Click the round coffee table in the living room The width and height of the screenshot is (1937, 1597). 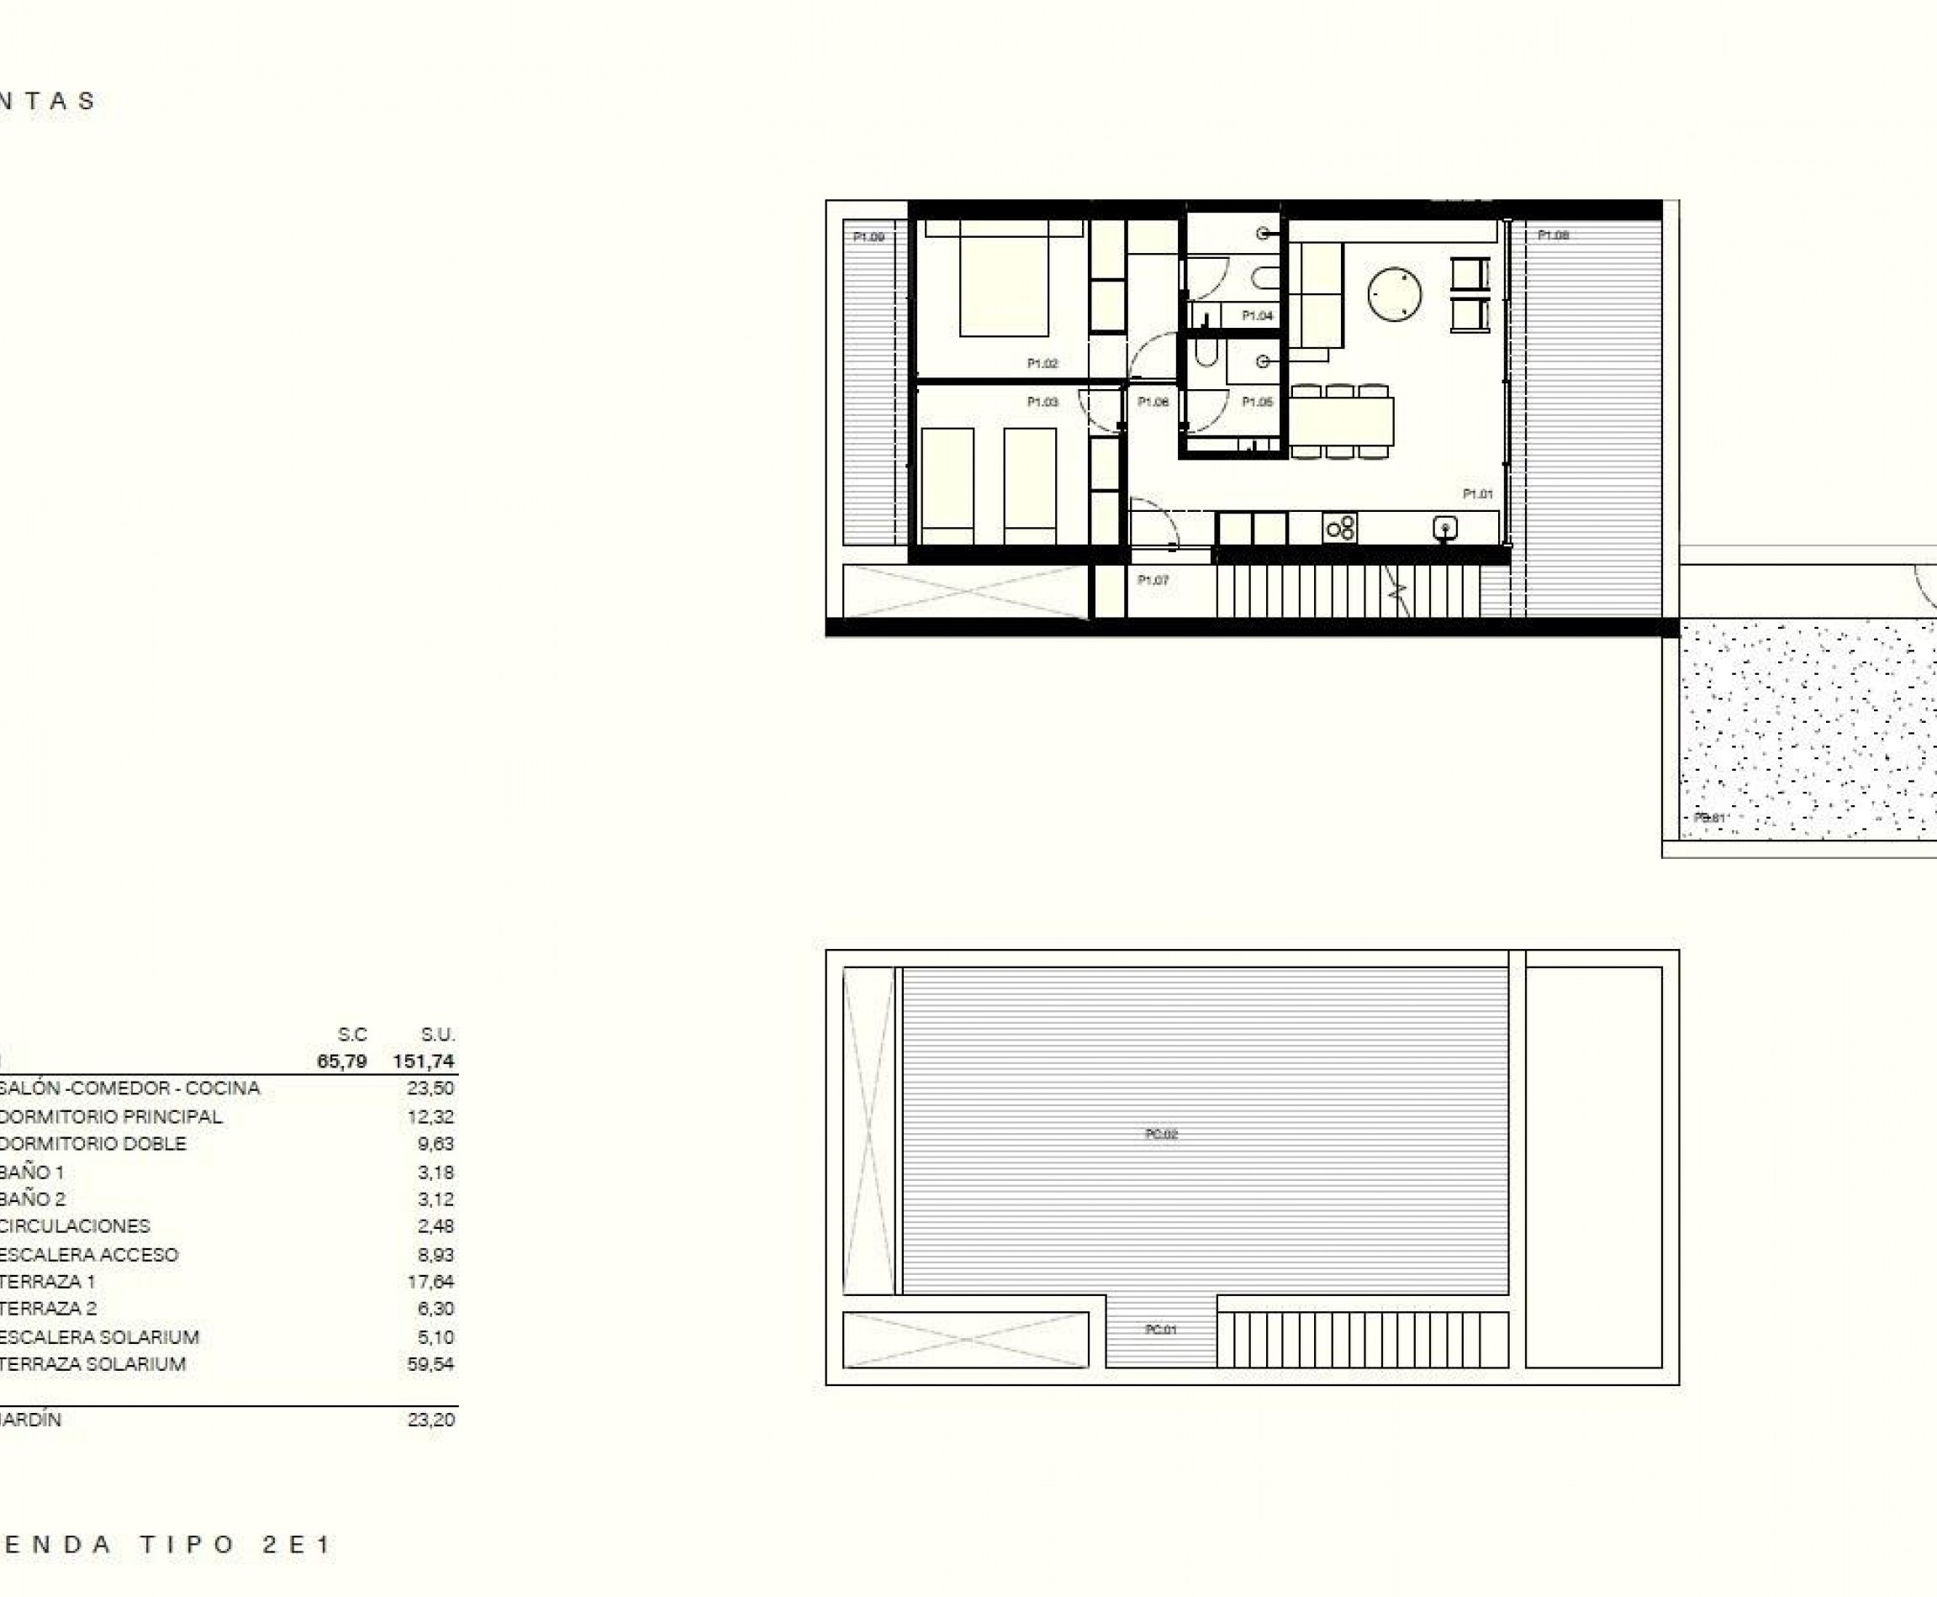[1394, 294]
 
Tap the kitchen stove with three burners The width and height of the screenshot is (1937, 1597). [1339, 528]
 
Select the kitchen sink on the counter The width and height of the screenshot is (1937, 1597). [1444, 528]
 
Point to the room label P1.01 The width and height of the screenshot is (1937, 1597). [1477, 494]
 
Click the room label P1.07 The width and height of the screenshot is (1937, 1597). [1152, 581]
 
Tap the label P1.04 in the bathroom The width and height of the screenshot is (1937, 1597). [1257, 315]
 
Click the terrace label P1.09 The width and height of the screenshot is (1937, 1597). [868, 237]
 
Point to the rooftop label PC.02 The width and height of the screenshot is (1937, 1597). [1160, 1134]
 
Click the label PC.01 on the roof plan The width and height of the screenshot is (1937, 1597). [1160, 1330]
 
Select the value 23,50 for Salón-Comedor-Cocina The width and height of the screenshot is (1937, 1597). [430, 1088]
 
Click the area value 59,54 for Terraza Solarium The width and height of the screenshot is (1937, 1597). [430, 1363]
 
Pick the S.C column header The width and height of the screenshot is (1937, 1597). [351, 1035]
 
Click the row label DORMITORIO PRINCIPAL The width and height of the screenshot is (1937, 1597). [110, 1117]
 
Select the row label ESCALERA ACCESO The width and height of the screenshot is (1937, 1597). [88, 1254]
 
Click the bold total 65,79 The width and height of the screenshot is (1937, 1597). [341, 1061]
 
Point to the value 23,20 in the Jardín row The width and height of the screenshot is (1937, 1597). [430, 1420]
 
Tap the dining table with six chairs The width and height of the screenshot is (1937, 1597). [1341, 421]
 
